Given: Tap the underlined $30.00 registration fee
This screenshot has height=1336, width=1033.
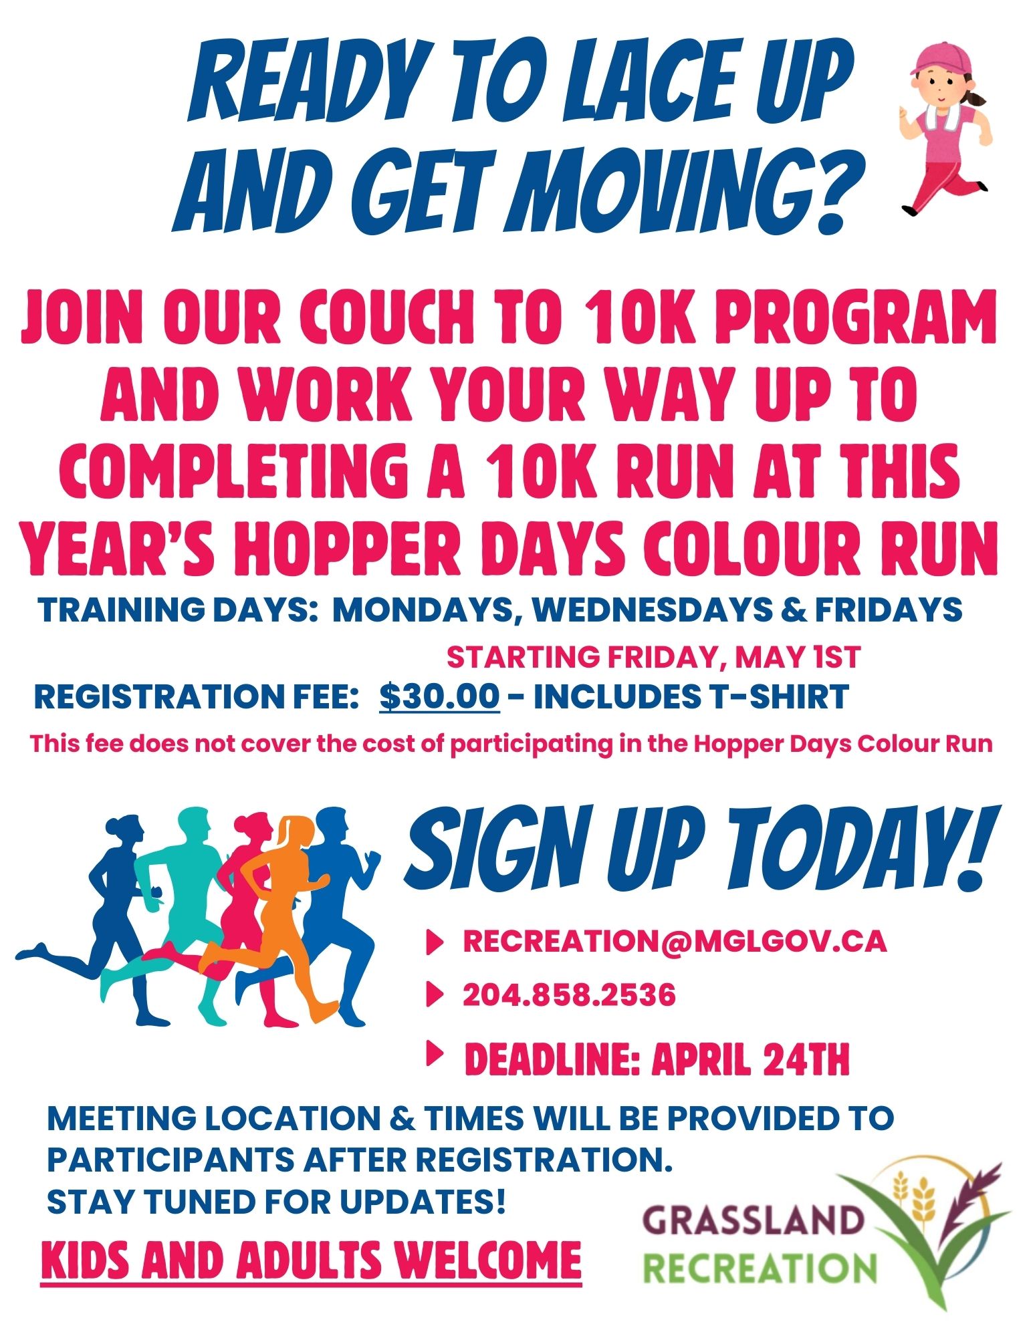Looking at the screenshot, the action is (439, 697).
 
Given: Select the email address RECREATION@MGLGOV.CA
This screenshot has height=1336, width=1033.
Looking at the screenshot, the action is (675, 941).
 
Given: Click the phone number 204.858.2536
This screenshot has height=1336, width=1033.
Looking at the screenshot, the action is (569, 995).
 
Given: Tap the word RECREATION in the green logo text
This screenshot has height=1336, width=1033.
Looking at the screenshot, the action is (760, 1268).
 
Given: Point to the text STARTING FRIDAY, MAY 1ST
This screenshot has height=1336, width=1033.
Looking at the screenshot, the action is (653, 658).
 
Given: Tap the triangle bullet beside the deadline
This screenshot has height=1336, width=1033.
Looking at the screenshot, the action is (435, 1054).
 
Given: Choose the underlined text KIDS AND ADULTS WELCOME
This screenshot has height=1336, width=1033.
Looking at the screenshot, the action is (311, 1260).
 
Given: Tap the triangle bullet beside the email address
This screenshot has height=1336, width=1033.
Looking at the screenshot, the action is (435, 942).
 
